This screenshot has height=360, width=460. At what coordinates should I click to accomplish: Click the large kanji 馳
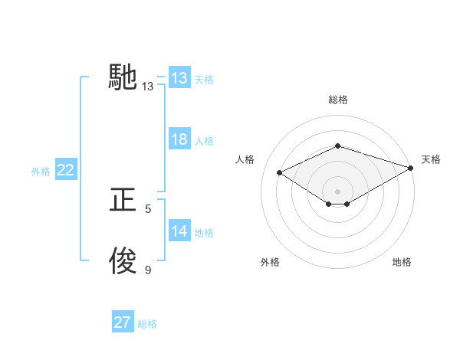point(123,77)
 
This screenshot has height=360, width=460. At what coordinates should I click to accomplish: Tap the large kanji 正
point(123,200)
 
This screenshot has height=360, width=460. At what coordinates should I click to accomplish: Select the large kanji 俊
point(123,261)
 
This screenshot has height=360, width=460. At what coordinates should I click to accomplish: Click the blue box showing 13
point(179,78)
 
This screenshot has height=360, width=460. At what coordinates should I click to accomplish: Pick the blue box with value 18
point(179,139)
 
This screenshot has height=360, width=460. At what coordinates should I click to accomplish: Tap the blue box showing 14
point(179,231)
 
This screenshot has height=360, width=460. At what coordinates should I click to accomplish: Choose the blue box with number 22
point(65,170)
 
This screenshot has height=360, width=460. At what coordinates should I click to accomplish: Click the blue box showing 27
point(122,322)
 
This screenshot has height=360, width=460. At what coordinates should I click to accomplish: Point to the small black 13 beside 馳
point(148,87)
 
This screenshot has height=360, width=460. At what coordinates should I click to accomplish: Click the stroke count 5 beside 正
point(148,208)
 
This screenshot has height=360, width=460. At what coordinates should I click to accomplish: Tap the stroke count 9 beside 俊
point(148,270)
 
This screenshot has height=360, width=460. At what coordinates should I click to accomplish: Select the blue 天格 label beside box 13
point(204,79)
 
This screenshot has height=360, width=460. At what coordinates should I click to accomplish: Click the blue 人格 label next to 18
point(204,141)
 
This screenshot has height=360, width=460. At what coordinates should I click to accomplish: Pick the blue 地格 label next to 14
point(204,233)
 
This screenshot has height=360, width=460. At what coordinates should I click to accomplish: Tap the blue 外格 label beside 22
point(41,172)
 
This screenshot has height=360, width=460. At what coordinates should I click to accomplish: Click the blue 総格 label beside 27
point(147,324)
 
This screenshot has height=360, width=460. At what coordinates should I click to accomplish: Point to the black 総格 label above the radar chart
point(337,100)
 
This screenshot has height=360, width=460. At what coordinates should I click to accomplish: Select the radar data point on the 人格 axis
point(280,173)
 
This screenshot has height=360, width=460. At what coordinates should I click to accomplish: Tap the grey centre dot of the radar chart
point(337,191)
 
